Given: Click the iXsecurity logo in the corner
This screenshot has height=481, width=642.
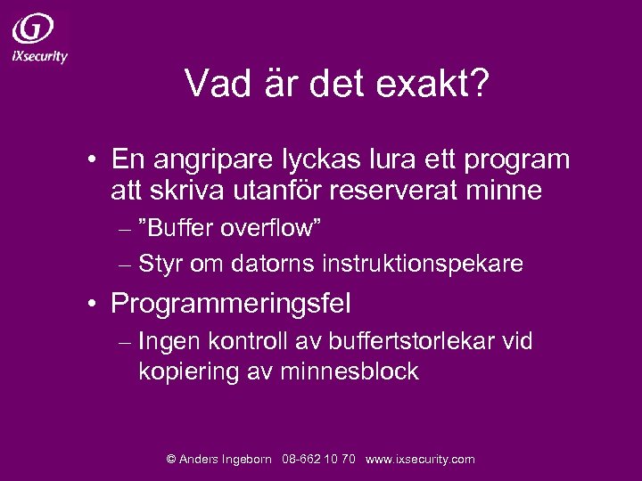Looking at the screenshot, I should pos(39,38).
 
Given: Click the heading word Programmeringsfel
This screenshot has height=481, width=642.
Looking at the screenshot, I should pos(230,304).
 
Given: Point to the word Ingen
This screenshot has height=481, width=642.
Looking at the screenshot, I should pos(169,341).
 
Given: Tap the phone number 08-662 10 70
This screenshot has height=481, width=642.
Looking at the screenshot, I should pos(318,460).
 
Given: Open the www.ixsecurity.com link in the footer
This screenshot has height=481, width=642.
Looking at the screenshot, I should pos(420,460).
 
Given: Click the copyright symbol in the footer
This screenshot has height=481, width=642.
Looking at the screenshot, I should pos(171,460).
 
